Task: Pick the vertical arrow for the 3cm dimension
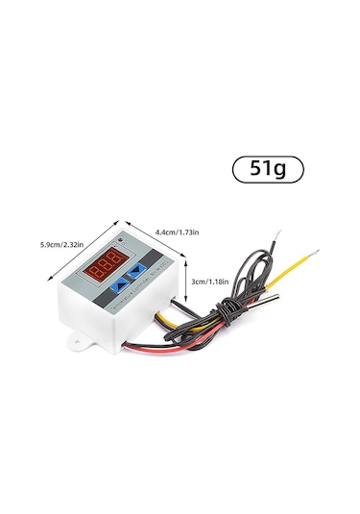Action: (185, 282)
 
